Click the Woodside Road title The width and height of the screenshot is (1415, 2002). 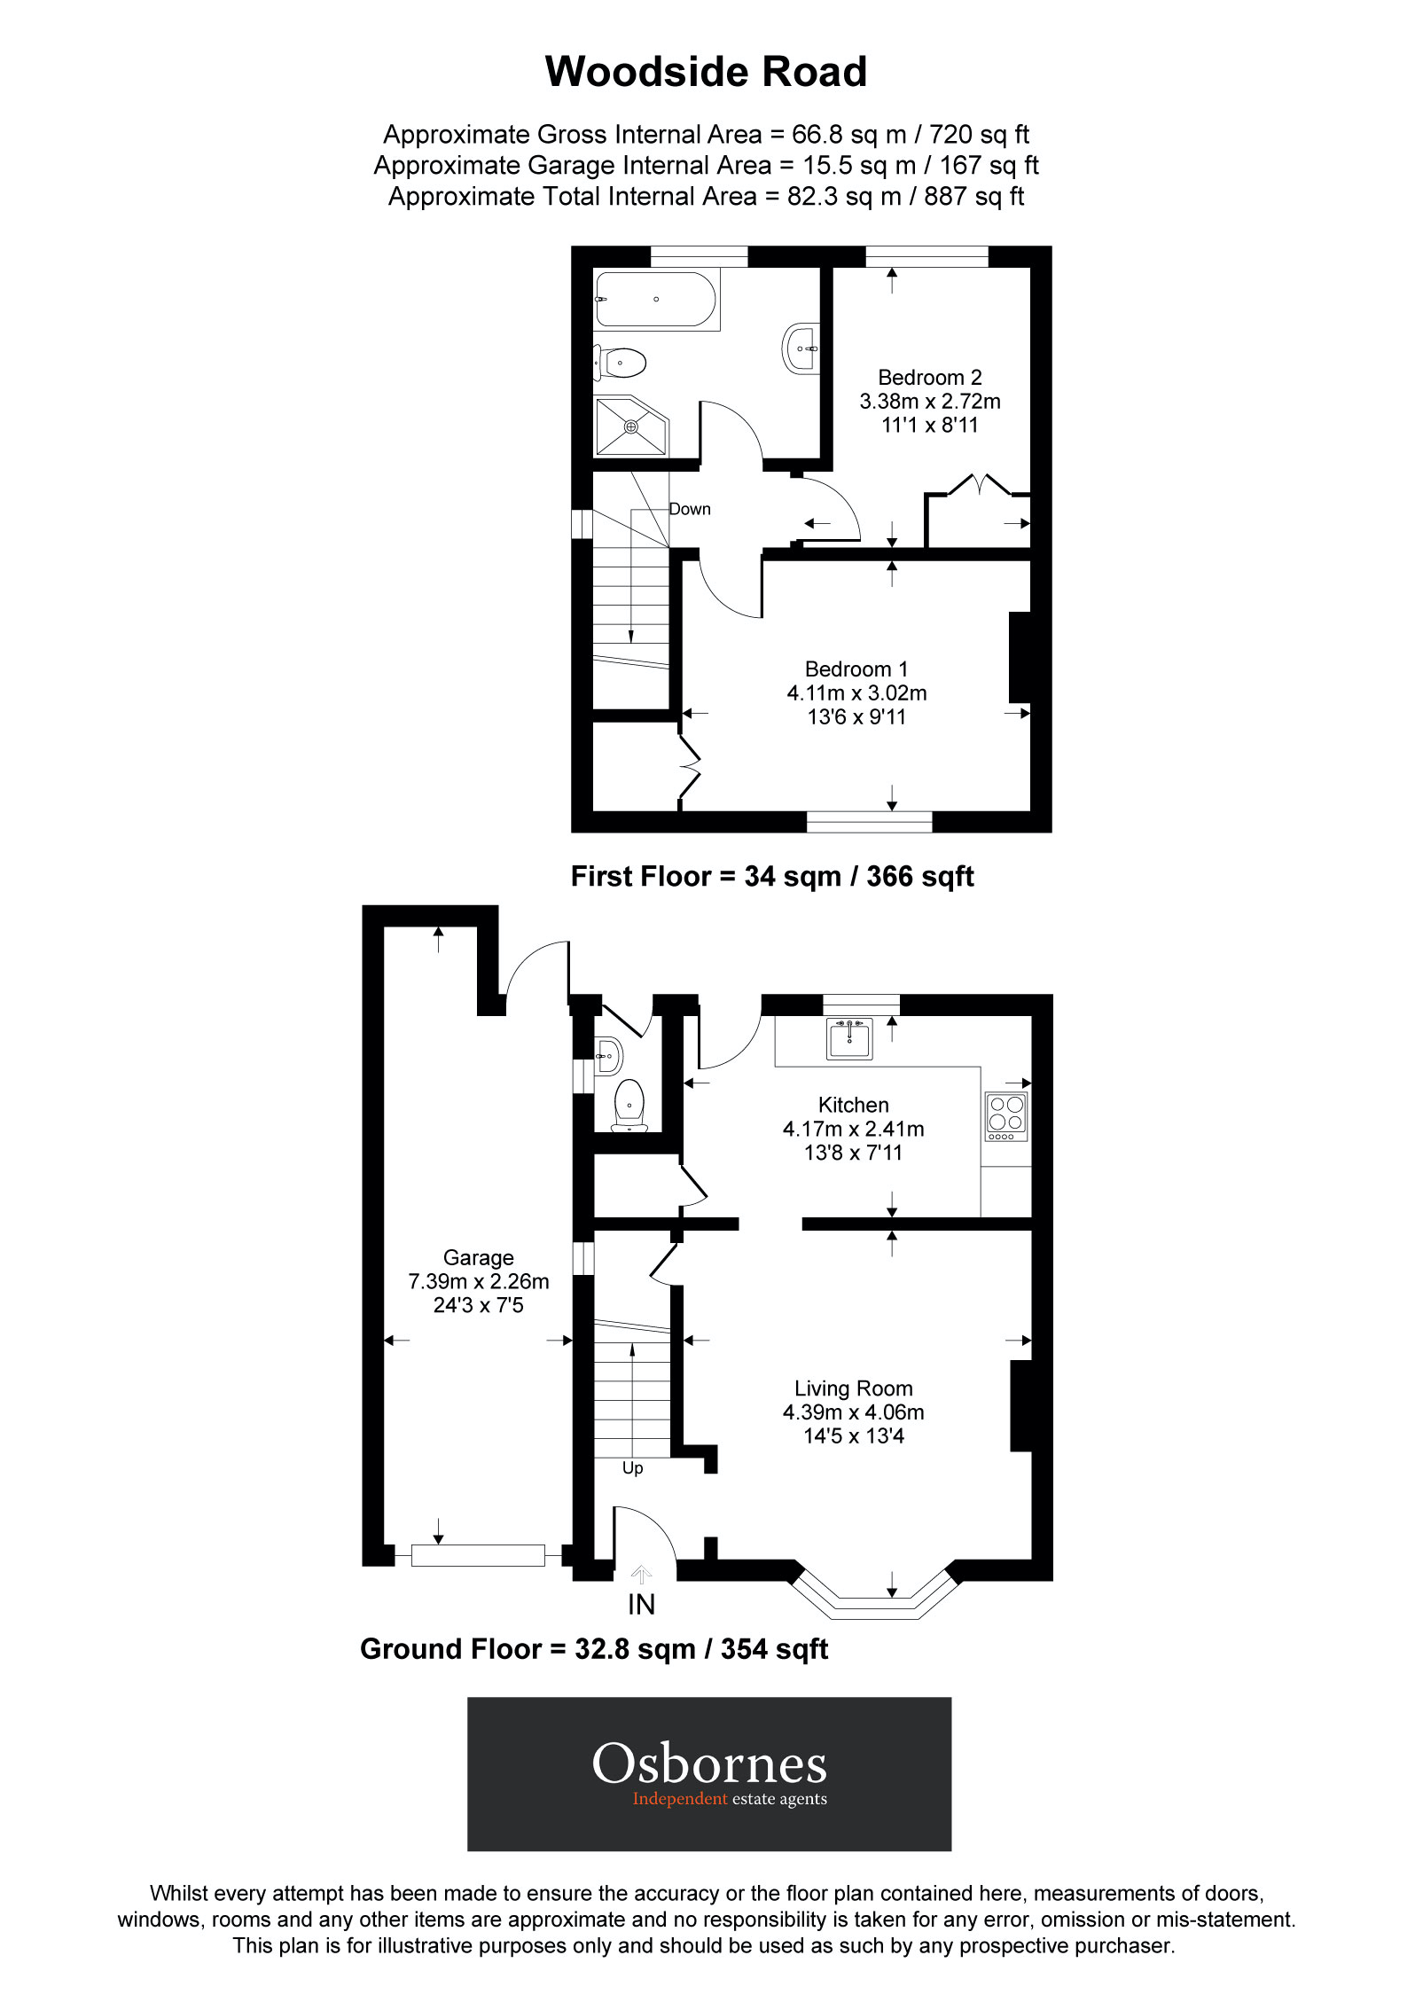(706, 72)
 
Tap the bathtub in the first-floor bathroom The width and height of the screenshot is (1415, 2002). (655, 300)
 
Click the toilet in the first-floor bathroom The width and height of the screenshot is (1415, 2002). (622, 362)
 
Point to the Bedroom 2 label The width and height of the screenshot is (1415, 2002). (929, 378)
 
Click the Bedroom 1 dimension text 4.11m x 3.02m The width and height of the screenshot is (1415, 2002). (856, 693)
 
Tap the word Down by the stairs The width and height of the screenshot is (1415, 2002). (690, 510)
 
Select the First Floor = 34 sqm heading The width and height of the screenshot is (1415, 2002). (771, 877)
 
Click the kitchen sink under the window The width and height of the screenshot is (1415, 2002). (849, 1037)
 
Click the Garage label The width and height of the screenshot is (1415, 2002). (478, 1257)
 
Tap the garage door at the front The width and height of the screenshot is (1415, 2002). (478, 1555)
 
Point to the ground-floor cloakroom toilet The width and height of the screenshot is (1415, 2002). (629, 1103)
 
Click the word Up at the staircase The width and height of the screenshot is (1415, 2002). (632, 1468)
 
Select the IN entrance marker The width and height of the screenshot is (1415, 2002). (641, 1604)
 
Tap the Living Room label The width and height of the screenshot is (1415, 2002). (853, 1388)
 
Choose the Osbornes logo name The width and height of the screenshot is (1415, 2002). (709, 1764)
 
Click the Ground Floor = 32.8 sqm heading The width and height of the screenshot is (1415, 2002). (593, 1649)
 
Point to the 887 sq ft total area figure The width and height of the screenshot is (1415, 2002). (973, 196)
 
